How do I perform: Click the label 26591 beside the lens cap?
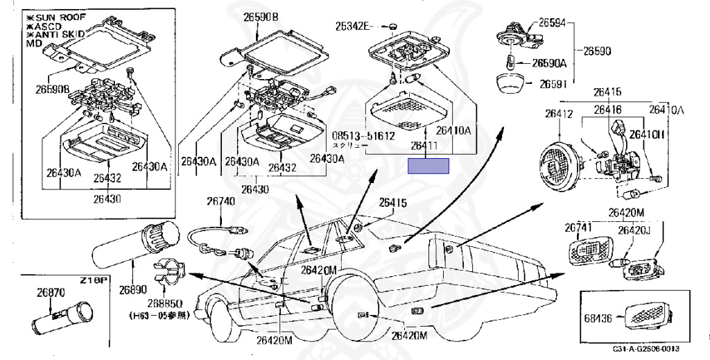point(551,84)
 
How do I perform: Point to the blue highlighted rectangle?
point(428,165)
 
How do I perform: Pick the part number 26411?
point(425,146)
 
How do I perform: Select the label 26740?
point(220,201)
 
